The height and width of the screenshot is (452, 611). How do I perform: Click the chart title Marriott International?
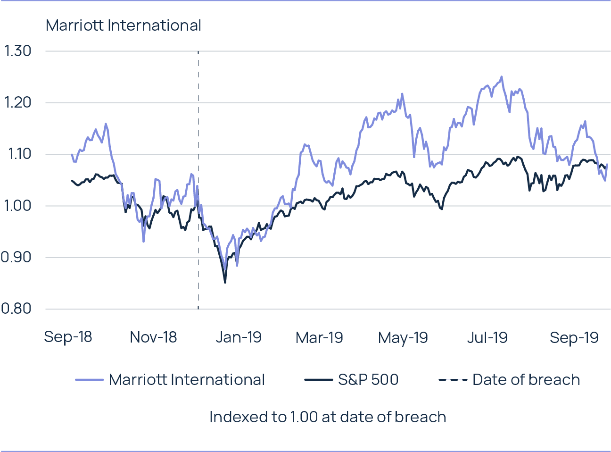click(x=124, y=25)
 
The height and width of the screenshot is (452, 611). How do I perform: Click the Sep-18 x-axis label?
click(x=68, y=337)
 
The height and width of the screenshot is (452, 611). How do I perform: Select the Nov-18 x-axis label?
click(x=153, y=337)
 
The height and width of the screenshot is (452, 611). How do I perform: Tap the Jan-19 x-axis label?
click(x=238, y=337)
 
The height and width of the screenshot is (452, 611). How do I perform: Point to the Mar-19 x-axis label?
click(x=319, y=337)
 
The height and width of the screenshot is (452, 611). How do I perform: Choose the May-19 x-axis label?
click(x=403, y=337)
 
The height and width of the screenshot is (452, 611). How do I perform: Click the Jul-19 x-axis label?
click(x=487, y=337)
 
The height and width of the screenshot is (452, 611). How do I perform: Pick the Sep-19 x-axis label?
click(x=574, y=337)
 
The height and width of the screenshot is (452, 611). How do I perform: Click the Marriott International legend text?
click(x=187, y=380)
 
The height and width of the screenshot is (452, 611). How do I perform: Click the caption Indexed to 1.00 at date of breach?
click(x=328, y=417)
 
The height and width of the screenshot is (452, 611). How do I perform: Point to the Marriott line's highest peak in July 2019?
click(x=502, y=76)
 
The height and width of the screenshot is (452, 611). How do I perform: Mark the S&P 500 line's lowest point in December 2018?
click(x=225, y=282)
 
